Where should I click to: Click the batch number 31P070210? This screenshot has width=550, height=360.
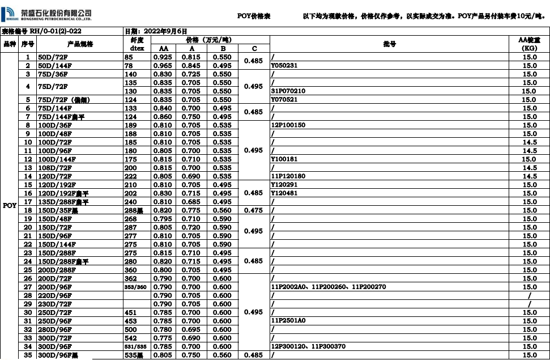288,91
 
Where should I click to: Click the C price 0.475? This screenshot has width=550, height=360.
254,210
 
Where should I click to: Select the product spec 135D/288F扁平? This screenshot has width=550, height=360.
63,202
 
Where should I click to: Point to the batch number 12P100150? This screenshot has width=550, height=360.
288,125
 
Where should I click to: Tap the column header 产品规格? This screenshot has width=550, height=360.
80,44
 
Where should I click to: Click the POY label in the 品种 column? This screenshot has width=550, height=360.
10,206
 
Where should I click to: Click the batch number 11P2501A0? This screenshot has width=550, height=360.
288,321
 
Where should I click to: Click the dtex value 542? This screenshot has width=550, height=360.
131,338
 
